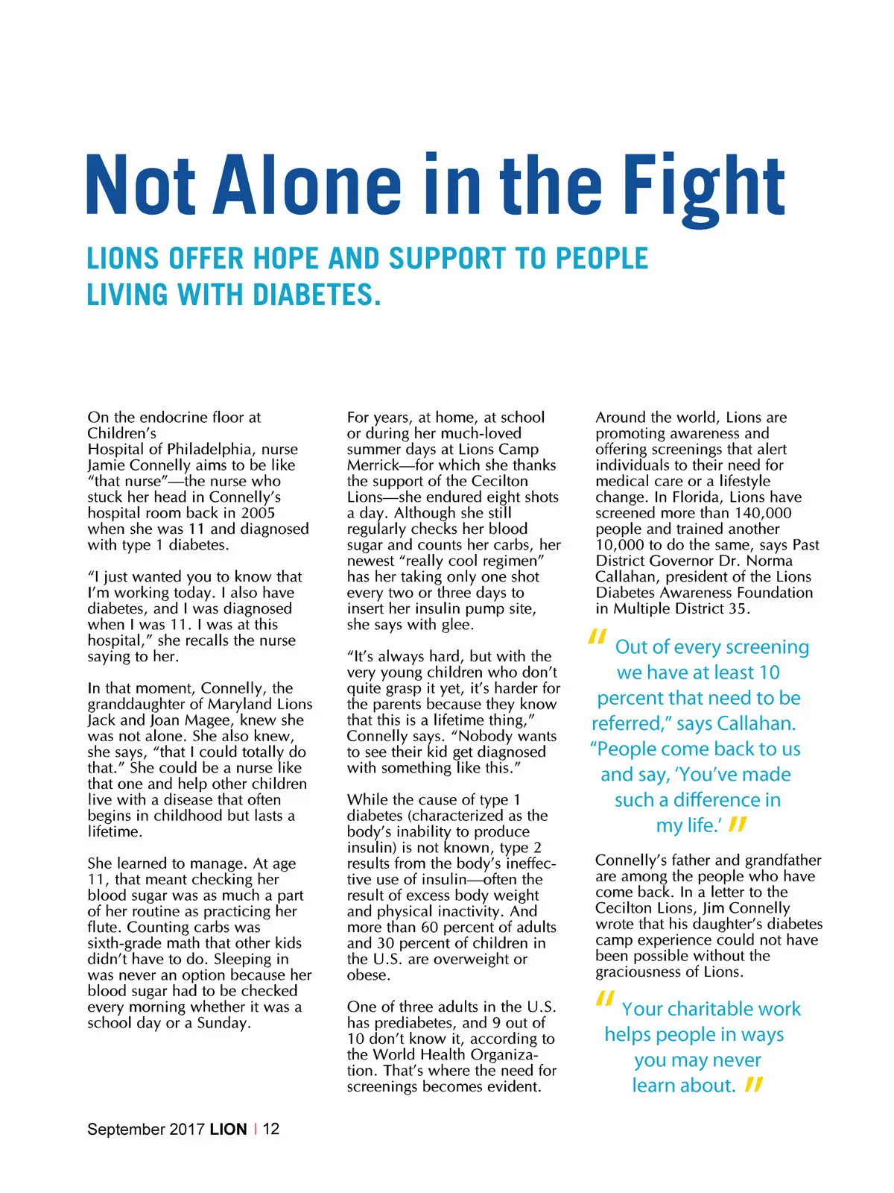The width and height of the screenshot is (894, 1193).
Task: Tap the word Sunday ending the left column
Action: point(223,1023)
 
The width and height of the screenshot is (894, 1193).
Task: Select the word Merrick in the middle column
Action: point(372,465)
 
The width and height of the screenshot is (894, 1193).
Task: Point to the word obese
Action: point(367,975)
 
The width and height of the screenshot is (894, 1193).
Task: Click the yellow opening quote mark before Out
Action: point(596,638)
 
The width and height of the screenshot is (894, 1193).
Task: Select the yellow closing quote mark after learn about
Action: point(754,1085)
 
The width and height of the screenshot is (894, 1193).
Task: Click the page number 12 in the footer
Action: point(271,1129)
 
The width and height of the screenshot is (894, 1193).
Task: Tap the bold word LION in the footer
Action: point(228,1129)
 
